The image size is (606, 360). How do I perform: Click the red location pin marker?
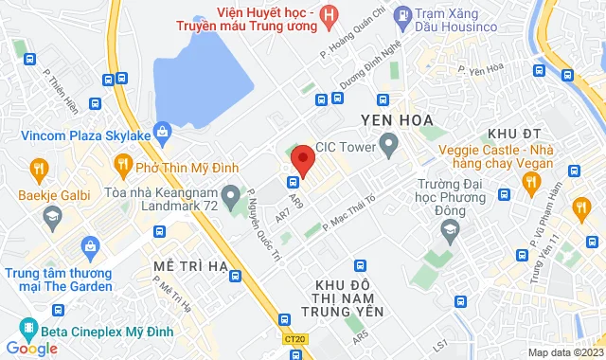(302, 158)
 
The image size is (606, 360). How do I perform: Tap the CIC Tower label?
(346, 147)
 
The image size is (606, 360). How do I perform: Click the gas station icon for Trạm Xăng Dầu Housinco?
(402, 14)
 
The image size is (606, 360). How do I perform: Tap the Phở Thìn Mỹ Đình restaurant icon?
(123, 167)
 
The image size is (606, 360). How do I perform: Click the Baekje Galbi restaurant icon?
(39, 171)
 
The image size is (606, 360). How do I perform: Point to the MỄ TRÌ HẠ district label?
(187, 267)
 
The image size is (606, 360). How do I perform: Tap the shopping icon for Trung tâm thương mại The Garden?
(91, 248)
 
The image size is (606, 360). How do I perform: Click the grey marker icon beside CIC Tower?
(388, 146)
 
